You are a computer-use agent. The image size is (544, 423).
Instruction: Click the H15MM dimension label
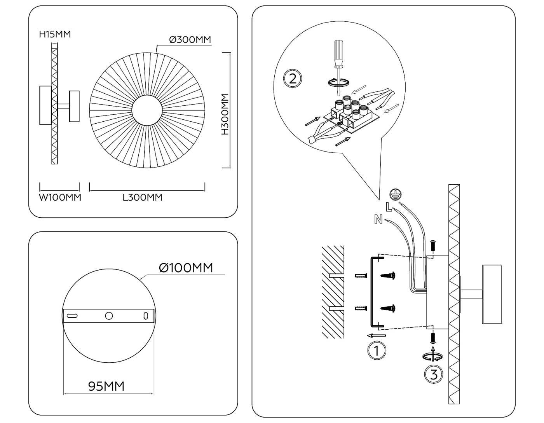55,34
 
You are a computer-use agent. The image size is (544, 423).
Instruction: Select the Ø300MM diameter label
190,40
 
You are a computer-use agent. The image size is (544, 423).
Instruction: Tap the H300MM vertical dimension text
225,114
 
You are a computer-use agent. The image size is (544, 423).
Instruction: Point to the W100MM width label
60,198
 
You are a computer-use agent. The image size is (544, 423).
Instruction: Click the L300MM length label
143,198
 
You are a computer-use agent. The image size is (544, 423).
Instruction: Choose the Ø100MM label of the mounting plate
186,268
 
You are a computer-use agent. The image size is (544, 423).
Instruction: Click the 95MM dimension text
106,386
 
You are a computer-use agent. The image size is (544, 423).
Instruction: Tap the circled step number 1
376,350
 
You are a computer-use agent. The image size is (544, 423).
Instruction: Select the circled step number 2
293,79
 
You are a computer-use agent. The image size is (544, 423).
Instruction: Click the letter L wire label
389,207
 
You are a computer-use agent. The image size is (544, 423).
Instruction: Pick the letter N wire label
378,219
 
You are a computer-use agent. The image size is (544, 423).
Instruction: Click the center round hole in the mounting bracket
109,316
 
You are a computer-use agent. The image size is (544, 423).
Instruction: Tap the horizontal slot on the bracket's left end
72,316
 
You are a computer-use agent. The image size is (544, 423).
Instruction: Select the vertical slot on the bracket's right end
146,316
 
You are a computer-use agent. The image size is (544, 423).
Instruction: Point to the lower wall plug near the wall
361,309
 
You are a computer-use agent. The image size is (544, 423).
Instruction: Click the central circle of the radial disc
147,110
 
